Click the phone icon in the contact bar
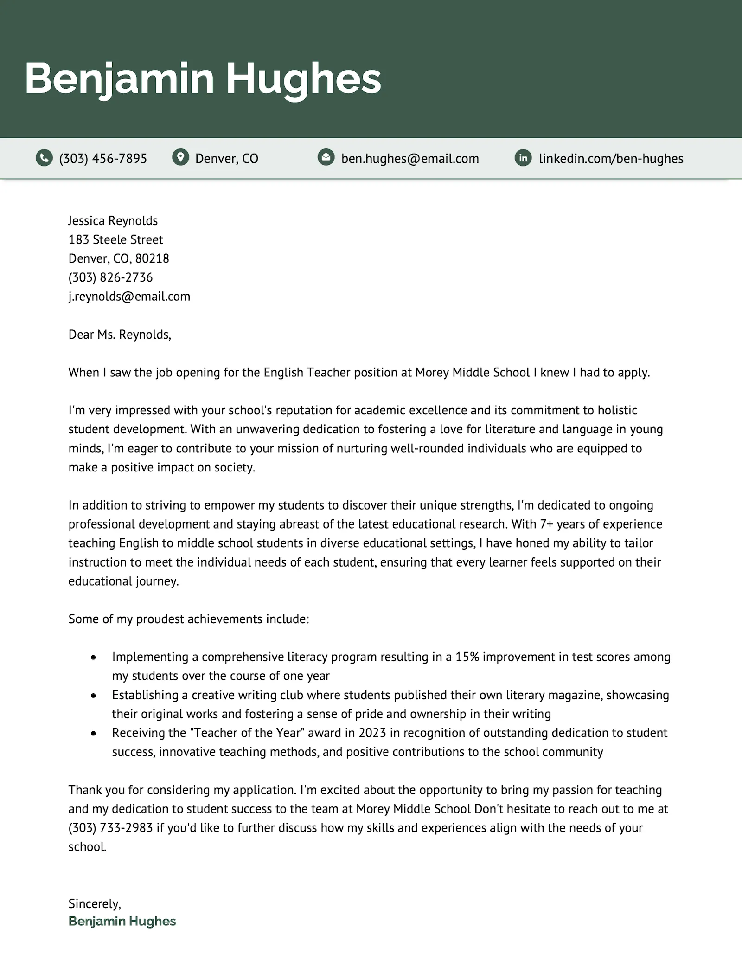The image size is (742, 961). (x=44, y=158)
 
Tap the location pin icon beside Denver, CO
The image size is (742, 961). (x=180, y=157)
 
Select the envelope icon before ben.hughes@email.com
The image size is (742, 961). (x=326, y=157)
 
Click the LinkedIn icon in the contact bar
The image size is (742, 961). (x=523, y=158)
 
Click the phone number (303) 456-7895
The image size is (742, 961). (x=103, y=159)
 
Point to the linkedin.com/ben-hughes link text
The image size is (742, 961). (x=611, y=159)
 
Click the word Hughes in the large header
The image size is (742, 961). (x=303, y=78)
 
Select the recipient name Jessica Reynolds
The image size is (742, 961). (x=113, y=220)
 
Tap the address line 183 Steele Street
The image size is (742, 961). (x=115, y=239)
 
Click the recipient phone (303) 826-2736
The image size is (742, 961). (x=110, y=277)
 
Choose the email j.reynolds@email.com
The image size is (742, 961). (x=129, y=297)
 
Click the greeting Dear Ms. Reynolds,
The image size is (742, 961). (x=120, y=335)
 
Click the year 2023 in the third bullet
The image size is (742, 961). (x=372, y=733)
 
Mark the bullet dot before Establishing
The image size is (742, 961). (x=94, y=696)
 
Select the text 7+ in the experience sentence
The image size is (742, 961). (x=546, y=524)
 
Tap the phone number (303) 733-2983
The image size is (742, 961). (x=110, y=828)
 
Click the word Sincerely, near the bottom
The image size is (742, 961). (x=95, y=903)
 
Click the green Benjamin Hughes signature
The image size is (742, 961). (x=122, y=922)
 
